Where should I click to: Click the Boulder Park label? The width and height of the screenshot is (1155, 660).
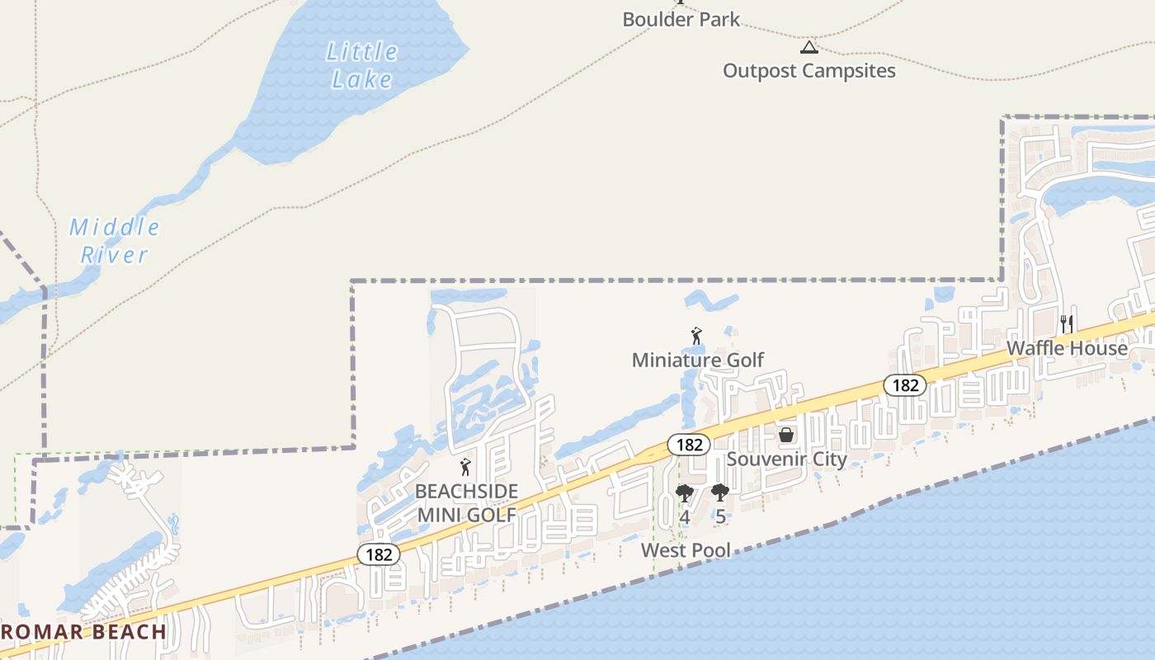click(681, 19)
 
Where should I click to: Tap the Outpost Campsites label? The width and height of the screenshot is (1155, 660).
click(808, 71)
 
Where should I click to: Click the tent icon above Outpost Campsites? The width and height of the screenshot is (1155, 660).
click(808, 46)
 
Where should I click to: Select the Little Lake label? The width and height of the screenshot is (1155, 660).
click(361, 65)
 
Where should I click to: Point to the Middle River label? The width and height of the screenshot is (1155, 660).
click(114, 240)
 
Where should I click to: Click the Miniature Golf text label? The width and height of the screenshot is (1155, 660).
click(698, 360)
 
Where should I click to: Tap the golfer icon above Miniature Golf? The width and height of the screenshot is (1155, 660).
click(696, 336)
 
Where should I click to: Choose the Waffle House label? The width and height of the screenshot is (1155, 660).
click(1067, 348)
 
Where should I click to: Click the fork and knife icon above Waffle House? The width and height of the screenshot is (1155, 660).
click(1067, 323)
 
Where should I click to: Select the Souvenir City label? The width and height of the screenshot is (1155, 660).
click(786, 459)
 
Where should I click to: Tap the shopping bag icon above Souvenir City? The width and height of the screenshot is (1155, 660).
click(787, 434)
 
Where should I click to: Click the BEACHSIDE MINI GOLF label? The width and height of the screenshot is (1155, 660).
click(466, 503)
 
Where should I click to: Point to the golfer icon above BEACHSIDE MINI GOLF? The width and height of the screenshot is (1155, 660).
click(466, 467)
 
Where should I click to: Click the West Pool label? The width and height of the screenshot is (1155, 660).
click(686, 549)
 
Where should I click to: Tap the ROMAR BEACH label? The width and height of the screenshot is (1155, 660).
click(83, 633)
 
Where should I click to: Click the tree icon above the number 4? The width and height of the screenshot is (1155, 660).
click(684, 493)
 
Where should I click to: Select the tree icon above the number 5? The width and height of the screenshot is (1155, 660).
click(720, 493)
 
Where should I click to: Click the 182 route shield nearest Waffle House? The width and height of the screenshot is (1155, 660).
click(905, 384)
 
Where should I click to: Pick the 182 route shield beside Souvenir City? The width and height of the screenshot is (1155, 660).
click(688, 445)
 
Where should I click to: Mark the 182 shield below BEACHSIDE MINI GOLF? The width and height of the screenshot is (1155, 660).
click(379, 554)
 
